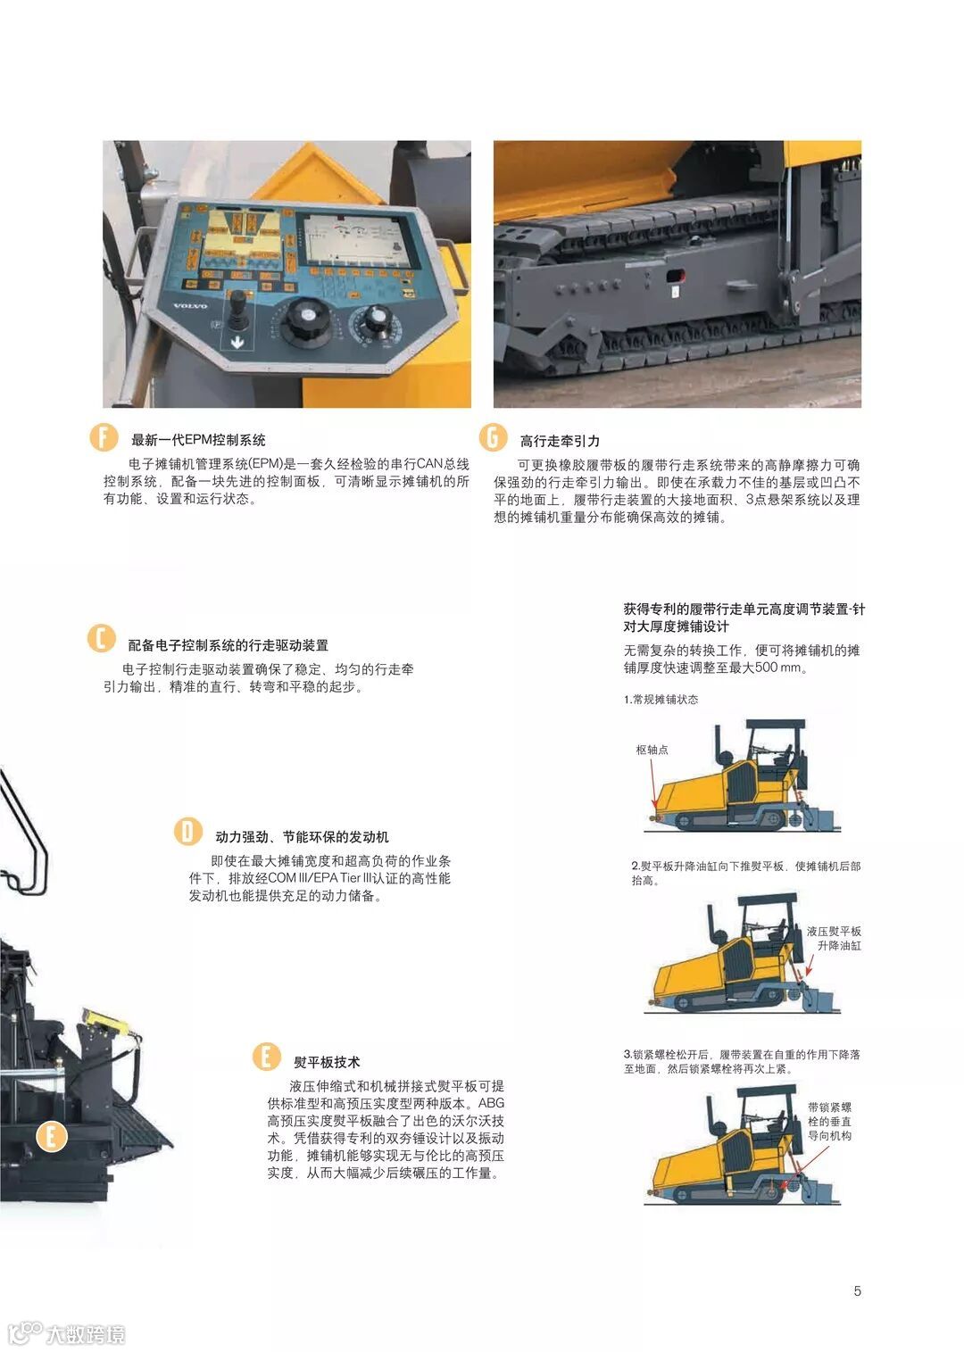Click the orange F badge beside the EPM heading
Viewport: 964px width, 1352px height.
tap(104, 437)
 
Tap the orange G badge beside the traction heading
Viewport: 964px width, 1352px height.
tap(493, 437)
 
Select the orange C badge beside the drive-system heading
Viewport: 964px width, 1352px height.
tap(101, 639)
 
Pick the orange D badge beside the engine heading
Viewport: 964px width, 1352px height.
tap(187, 832)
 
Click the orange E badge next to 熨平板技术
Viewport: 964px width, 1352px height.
tap(266, 1057)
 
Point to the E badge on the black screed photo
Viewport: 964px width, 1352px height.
tap(51, 1137)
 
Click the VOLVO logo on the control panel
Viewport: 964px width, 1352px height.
tap(190, 306)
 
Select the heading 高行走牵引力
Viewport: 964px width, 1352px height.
tap(560, 441)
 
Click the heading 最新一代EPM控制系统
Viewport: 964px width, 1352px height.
tap(198, 440)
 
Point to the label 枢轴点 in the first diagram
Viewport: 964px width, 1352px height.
tap(652, 750)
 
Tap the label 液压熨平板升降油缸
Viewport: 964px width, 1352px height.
tap(834, 938)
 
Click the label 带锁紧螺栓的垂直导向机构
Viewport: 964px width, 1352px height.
tap(829, 1122)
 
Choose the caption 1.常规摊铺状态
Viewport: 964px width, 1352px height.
tap(661, 700)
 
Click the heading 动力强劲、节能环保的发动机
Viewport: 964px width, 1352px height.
tap(302, 836)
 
